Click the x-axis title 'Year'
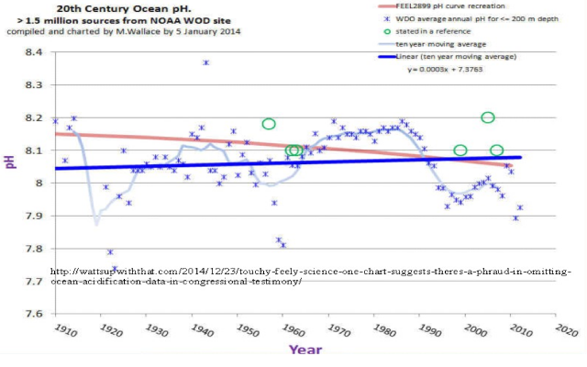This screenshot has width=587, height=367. [x=305, y=350]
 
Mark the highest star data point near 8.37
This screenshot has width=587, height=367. [x=205, y=62]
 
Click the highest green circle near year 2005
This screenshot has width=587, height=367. [x=488, y=117]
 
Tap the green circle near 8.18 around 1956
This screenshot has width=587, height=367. [x=269, y=124]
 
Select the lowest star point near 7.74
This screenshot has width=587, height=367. [x=116, y=270]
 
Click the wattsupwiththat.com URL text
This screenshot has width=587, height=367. [x=312, y=276]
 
